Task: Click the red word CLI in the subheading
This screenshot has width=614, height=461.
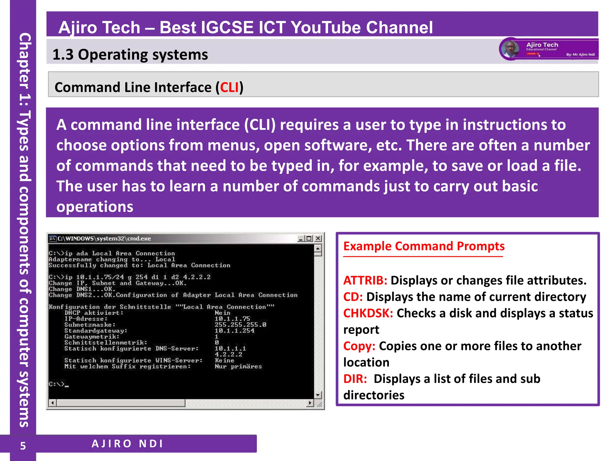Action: [x=229, y=88]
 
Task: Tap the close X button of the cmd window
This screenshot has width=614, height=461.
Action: [x=318, y=238]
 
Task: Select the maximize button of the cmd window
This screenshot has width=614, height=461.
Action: [x=309, y=238]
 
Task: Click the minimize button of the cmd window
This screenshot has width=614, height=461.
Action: [x=301, y=238]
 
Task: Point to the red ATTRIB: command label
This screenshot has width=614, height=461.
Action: [x=365, y=280]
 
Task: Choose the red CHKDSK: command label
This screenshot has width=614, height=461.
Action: [x=368, y=313]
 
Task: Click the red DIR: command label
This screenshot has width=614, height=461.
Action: [x=355, y=379]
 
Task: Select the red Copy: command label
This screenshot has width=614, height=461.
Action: [x=359, y=346]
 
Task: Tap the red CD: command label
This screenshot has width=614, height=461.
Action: [x=353, y=297]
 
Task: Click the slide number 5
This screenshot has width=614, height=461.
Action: [x=23, y=446]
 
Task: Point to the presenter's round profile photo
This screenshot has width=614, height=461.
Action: [x=510, y=49]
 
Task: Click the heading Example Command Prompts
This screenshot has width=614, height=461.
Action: [x=424, y=246]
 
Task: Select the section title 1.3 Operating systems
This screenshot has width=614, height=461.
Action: [x=130, y=55]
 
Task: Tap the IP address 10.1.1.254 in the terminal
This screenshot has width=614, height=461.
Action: [x=234, y=331]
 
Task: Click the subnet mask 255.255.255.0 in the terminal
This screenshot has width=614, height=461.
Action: [x=240, y=325]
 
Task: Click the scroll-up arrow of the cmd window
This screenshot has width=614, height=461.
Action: [x=318, y=249]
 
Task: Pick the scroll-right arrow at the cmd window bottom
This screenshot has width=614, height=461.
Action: [x=310, y=403]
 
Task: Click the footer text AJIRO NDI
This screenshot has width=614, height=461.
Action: [x=127, y=444]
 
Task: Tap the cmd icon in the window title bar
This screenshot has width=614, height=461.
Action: [x=53, y=239]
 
